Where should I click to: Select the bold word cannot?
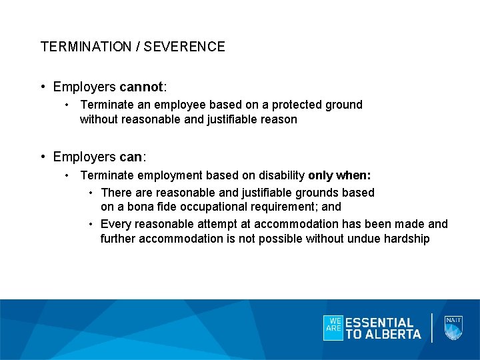tap(141, 87)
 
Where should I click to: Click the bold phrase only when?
tap(339, 175)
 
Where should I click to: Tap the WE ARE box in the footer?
tap(333, 327)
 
